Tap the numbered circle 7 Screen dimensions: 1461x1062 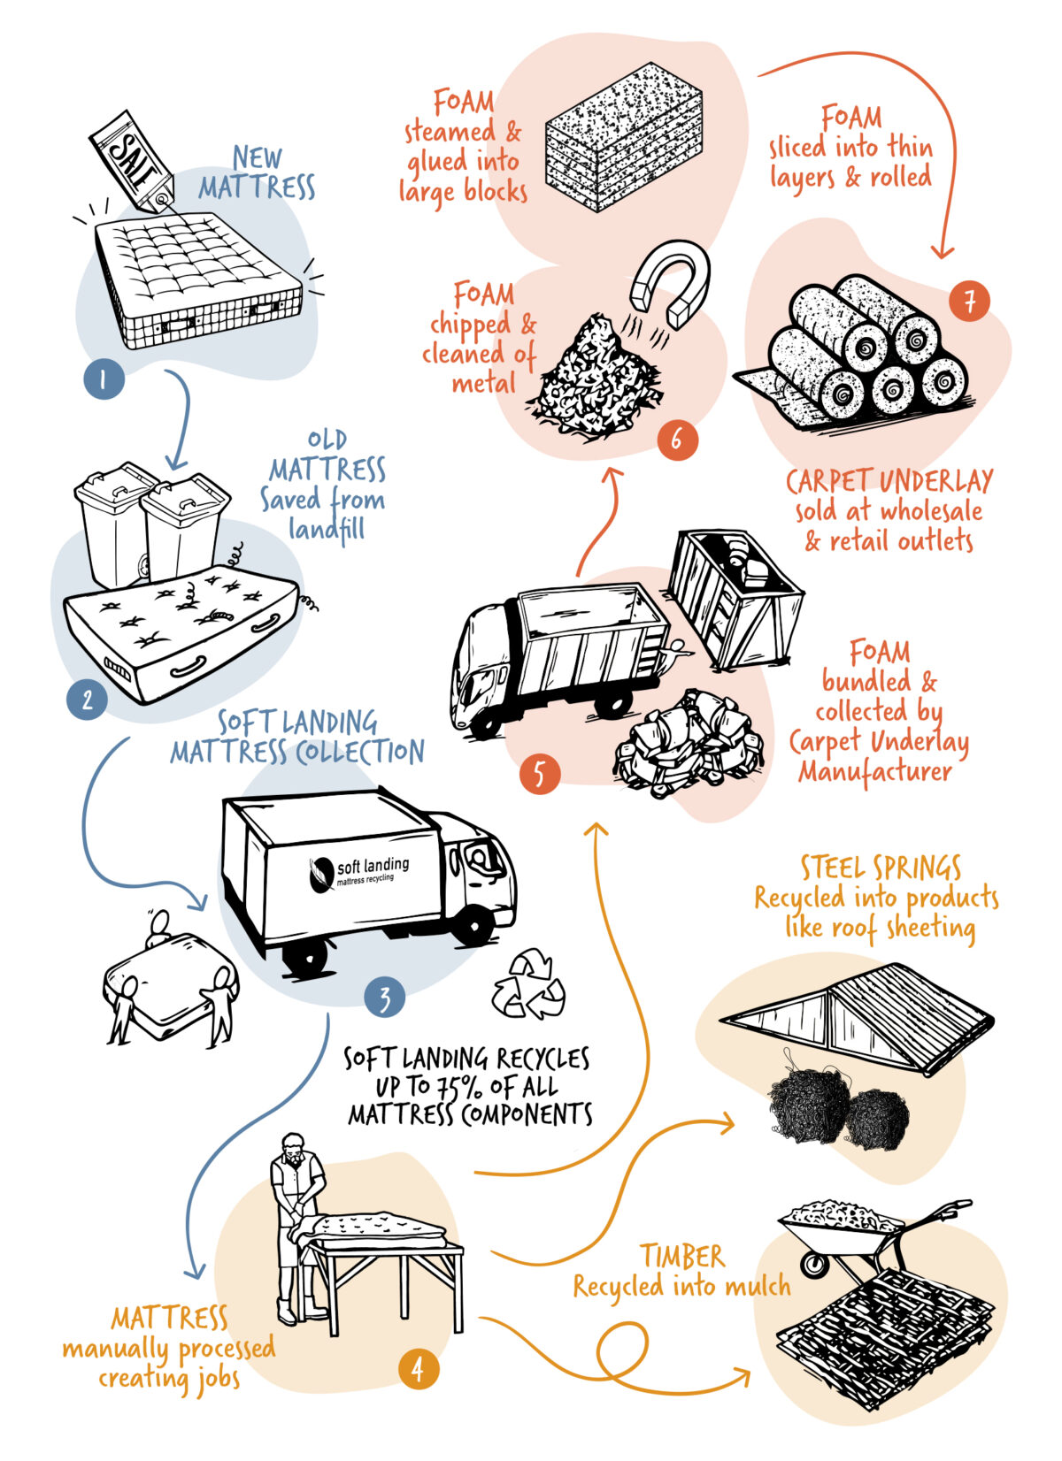click(x=969, y=302)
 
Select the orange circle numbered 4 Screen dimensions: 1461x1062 click(x=417, y=1369)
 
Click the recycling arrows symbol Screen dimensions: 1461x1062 click(x=528, y=984)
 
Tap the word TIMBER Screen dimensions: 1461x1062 click(x=682, y=1256)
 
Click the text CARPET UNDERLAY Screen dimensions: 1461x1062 click(x=889, y=481)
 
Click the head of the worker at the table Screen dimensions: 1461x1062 click(x=294, y=1147)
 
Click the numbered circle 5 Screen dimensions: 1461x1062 click(x=539, y=775)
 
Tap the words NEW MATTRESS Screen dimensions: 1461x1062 click(x=257, y=173)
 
